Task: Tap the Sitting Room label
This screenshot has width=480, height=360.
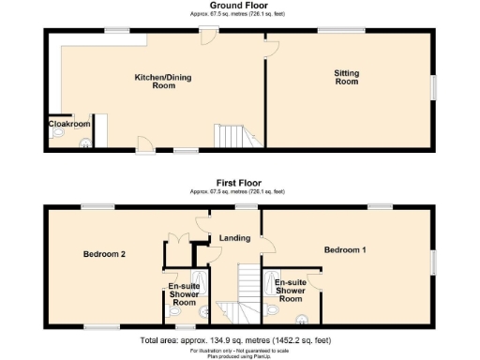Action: coord(347,77)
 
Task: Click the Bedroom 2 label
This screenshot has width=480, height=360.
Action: coord(104,254)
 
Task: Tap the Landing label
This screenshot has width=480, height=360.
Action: coord(234,238)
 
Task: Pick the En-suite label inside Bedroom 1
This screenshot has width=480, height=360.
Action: coord(291,290)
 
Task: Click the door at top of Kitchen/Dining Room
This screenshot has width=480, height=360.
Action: coord(208,37)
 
